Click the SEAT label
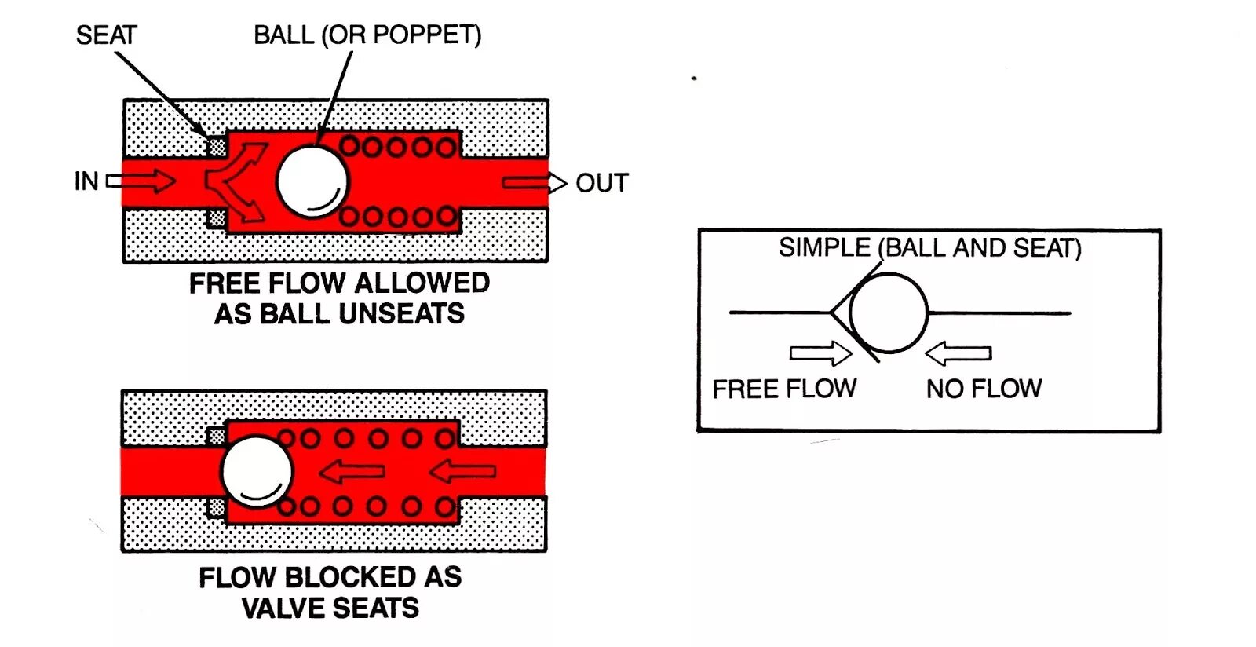(x=106, y=35)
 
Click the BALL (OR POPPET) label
(x=367, y=35)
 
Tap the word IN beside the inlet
(x=86, y=181)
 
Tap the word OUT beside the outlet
(x=602, y=183)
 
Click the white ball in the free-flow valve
(x=312, y=181)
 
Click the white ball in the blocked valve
(x=257, y=472)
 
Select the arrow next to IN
(x=141, y=181)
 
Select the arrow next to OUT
(x=534, y=183)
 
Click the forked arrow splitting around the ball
(x=235, y=181)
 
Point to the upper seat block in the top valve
(x=216, y=147)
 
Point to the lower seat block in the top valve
(x=216, y=217)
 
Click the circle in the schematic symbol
(x=888, y=313)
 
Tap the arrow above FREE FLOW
(x=820, y=353)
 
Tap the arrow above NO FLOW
(x=958, y=353)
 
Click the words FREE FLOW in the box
(x=784, y=389)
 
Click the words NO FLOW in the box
(x=984, y=389)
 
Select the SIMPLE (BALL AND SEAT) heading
(x=929, y=248)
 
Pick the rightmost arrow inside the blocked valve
(x=463, y=471)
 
